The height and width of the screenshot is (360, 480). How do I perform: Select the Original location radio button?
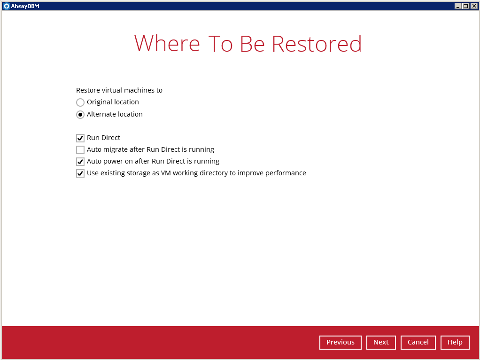coord(80,102)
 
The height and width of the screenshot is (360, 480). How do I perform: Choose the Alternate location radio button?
coord(80,115)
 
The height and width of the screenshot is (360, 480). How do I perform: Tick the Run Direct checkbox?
coord(80,138)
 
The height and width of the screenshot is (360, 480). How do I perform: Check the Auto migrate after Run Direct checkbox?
coord(80,150)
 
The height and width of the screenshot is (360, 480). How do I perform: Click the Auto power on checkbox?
coord(80,162)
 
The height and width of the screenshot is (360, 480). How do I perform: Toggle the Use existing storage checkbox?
coord(80,173)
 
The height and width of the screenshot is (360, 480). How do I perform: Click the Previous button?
coord(341,342)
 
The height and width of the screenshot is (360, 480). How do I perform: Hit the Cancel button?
coord(418,342)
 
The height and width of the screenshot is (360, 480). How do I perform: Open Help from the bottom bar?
coord(455,342)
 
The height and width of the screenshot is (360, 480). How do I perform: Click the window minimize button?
coord(458,6)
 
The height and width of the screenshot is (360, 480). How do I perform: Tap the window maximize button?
coord(465,6)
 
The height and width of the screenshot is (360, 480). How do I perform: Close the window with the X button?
coord(474,6)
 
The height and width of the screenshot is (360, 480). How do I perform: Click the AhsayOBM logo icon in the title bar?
coord(7,6)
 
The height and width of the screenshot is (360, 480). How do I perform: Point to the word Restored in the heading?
coord(317,44)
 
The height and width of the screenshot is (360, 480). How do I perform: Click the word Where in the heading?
coord(167,44)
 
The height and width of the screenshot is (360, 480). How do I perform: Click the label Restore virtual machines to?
coord(119,90)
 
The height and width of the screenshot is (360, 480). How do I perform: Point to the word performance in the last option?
coord(286,173)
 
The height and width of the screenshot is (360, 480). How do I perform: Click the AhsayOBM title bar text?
coord(25,6)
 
